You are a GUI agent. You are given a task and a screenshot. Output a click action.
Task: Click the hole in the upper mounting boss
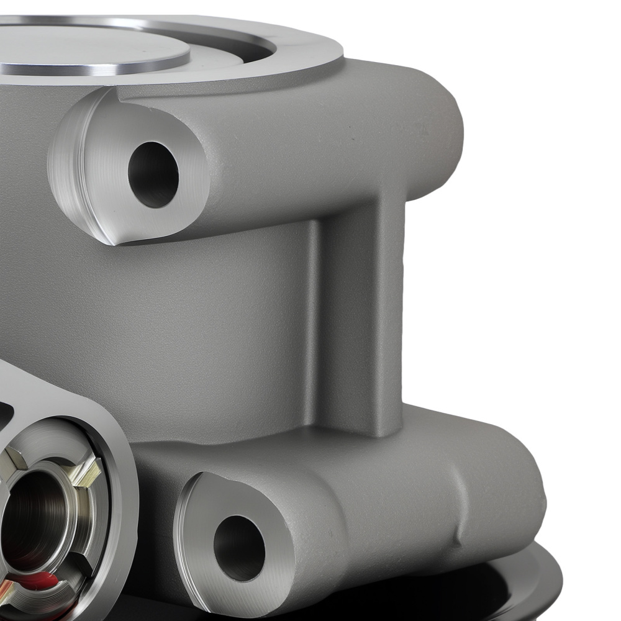(x=153, y=175)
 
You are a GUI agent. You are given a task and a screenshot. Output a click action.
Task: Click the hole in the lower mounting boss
(x=239, y=540)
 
